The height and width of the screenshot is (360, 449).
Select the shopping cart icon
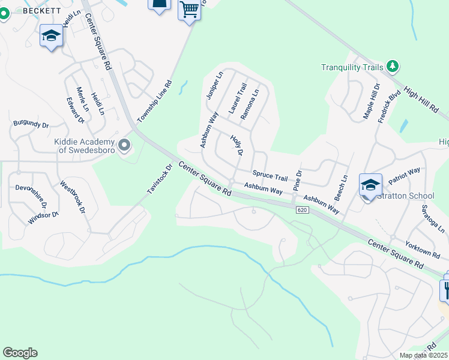coord(189,10)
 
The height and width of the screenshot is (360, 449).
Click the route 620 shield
coord(301,209)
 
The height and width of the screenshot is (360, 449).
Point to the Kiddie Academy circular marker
coord(124,145)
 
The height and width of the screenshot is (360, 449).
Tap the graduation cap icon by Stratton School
coord(370,184)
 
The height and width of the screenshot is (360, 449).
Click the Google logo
coord(20,353)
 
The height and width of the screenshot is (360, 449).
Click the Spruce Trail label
coord(270,176)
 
